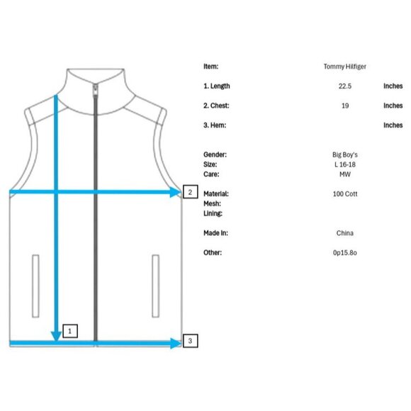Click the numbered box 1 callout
coord(70,331)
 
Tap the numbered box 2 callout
coord(191,192)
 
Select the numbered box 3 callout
coord(191,341)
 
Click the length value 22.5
coord(345,86)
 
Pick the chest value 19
coord(345,106)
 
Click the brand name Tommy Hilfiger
coord(345,67)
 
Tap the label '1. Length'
coord(217,86)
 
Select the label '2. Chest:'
coord(216,106)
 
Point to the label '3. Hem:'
coord(215,125)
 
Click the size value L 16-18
coord(345,164)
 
